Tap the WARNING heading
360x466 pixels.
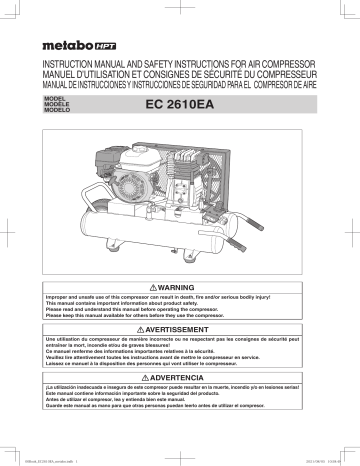tap(186, 258)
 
